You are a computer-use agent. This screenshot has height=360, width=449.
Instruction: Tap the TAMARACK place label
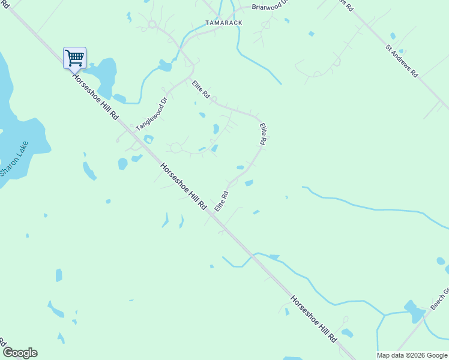pos(223,23)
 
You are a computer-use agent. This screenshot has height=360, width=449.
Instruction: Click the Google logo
pos(20,353)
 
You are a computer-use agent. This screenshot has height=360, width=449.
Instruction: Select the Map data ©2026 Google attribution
pos(412,355)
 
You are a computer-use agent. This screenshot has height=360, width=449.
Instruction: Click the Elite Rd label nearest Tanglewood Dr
pos(200,89)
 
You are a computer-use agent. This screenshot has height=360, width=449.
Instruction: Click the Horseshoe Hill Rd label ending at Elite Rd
pos(184,186)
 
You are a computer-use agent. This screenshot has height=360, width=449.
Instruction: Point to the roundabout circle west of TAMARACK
pos(152,25)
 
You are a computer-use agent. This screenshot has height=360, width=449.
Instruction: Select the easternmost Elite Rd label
pos(262,134)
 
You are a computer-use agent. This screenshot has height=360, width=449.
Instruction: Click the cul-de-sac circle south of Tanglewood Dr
pos(176,148)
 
